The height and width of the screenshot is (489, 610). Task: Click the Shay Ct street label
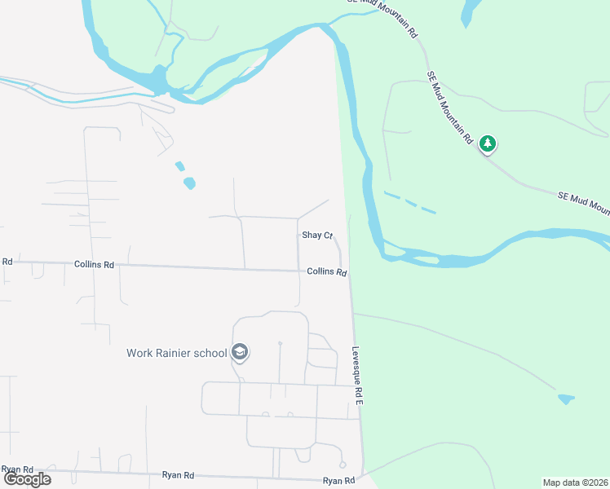[x=317, y=236]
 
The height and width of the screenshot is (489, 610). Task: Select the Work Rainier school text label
[x=176, y=353]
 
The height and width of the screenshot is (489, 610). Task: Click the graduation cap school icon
[x=240, y=352]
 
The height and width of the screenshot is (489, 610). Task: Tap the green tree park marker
[x=488, y=144]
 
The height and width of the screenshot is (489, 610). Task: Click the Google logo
[x=27, y=479]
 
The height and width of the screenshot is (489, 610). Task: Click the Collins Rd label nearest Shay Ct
[x=327, y=272]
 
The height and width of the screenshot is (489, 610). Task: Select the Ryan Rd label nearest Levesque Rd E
[x=338, y=481]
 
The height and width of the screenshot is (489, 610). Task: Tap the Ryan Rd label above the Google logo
[x=16, y=469]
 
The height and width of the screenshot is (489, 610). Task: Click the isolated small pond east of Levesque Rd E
[x=566, y=399]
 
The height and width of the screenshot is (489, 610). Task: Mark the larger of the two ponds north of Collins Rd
[x=189, y=183]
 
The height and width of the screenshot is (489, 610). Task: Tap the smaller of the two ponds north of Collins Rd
[x=179, y=165]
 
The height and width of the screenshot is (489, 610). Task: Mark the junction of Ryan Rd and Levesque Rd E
[x=362, y=476]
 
